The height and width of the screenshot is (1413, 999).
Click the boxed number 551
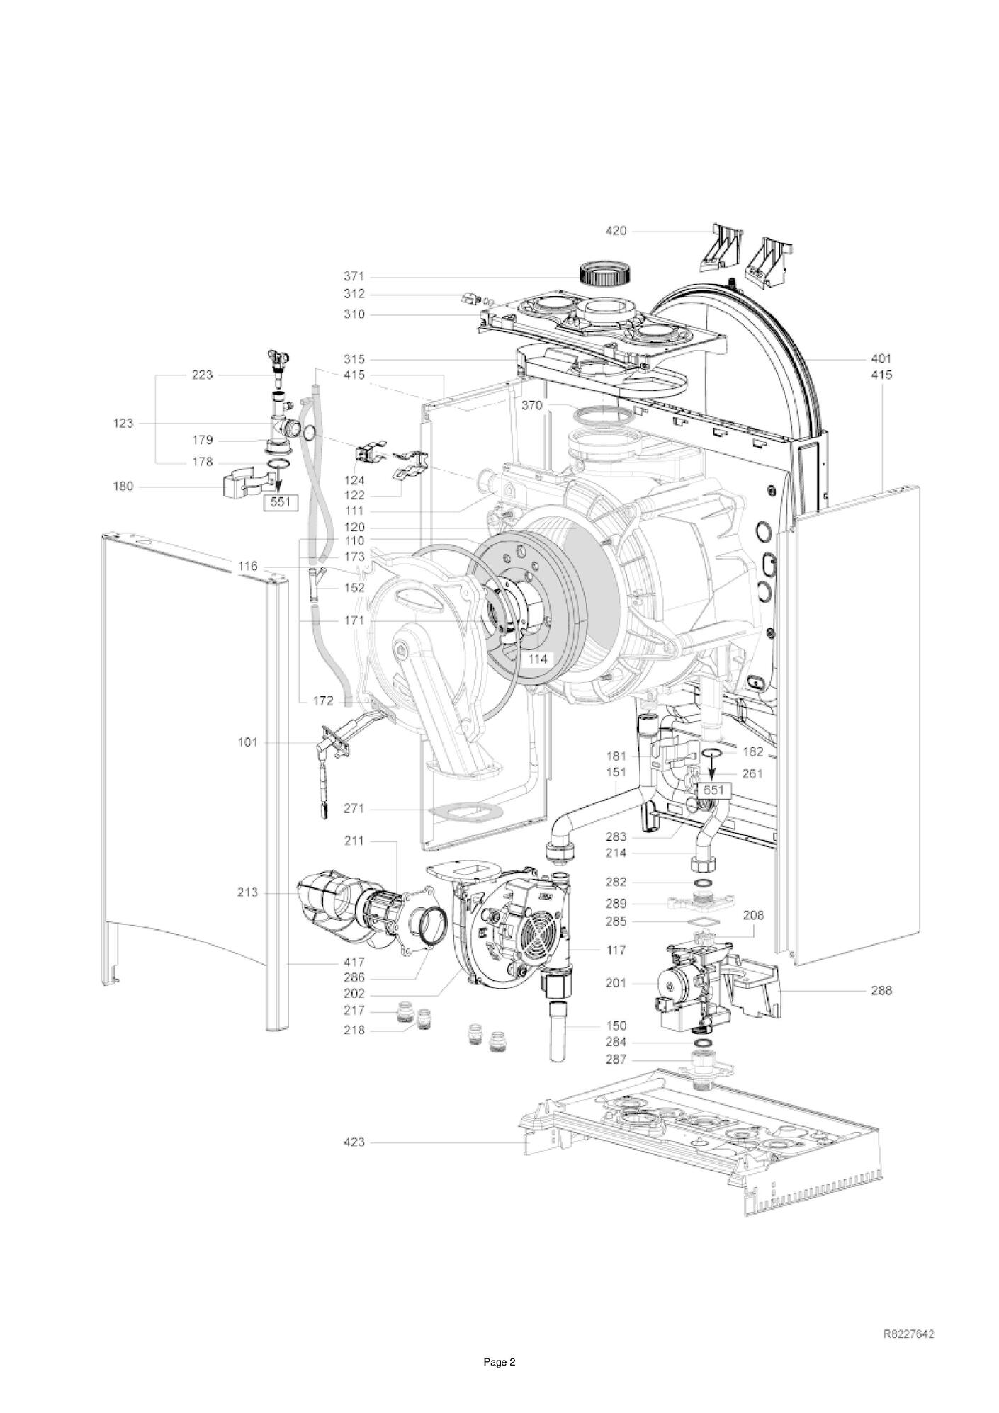click(281, 502)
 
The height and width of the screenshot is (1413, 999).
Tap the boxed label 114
click(538, 659)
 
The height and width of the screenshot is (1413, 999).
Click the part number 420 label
click(616, 231)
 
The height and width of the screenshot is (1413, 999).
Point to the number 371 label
click(354, 276)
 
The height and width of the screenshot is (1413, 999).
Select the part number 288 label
click(881, 990)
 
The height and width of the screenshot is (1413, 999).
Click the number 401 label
click(881, 358)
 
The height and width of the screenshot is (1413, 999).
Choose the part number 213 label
click(248, 892)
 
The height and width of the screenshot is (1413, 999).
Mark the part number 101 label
click(248, 742)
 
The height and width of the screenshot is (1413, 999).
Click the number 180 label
click(124, 486)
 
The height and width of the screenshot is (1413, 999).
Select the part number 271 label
click(354, 808)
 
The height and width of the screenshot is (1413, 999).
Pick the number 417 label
click(354, 962)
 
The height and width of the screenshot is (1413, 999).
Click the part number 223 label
click(202, 375)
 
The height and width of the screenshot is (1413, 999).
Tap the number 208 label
click(753, 915)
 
